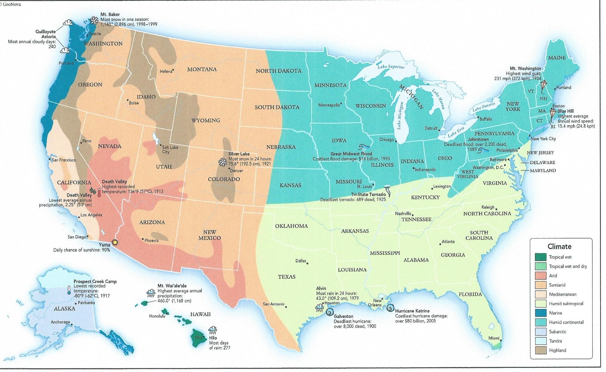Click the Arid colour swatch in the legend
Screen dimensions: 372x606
tap(541, 275)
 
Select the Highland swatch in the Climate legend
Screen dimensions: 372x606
tap(541, 350)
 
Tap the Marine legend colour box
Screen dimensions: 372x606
tap(541, 313)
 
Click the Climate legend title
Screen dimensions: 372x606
tap(559, 246)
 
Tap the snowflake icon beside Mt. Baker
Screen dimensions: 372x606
tap(94, 20)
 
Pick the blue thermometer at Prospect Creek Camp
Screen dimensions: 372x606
tap(69, 290)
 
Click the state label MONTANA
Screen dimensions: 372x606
tap(202, 69)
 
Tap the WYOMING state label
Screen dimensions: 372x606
tap(205, 120)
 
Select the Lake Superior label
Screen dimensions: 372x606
tap(391, 67)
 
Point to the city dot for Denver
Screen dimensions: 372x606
tap(229, 169)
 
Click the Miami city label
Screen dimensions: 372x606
tap(494, 338)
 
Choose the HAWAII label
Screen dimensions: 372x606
tap(200, 314)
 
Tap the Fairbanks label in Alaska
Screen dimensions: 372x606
tap(86, 302)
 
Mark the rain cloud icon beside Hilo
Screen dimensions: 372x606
tap(213, 330)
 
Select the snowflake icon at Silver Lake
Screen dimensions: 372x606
tap(223, 162)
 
